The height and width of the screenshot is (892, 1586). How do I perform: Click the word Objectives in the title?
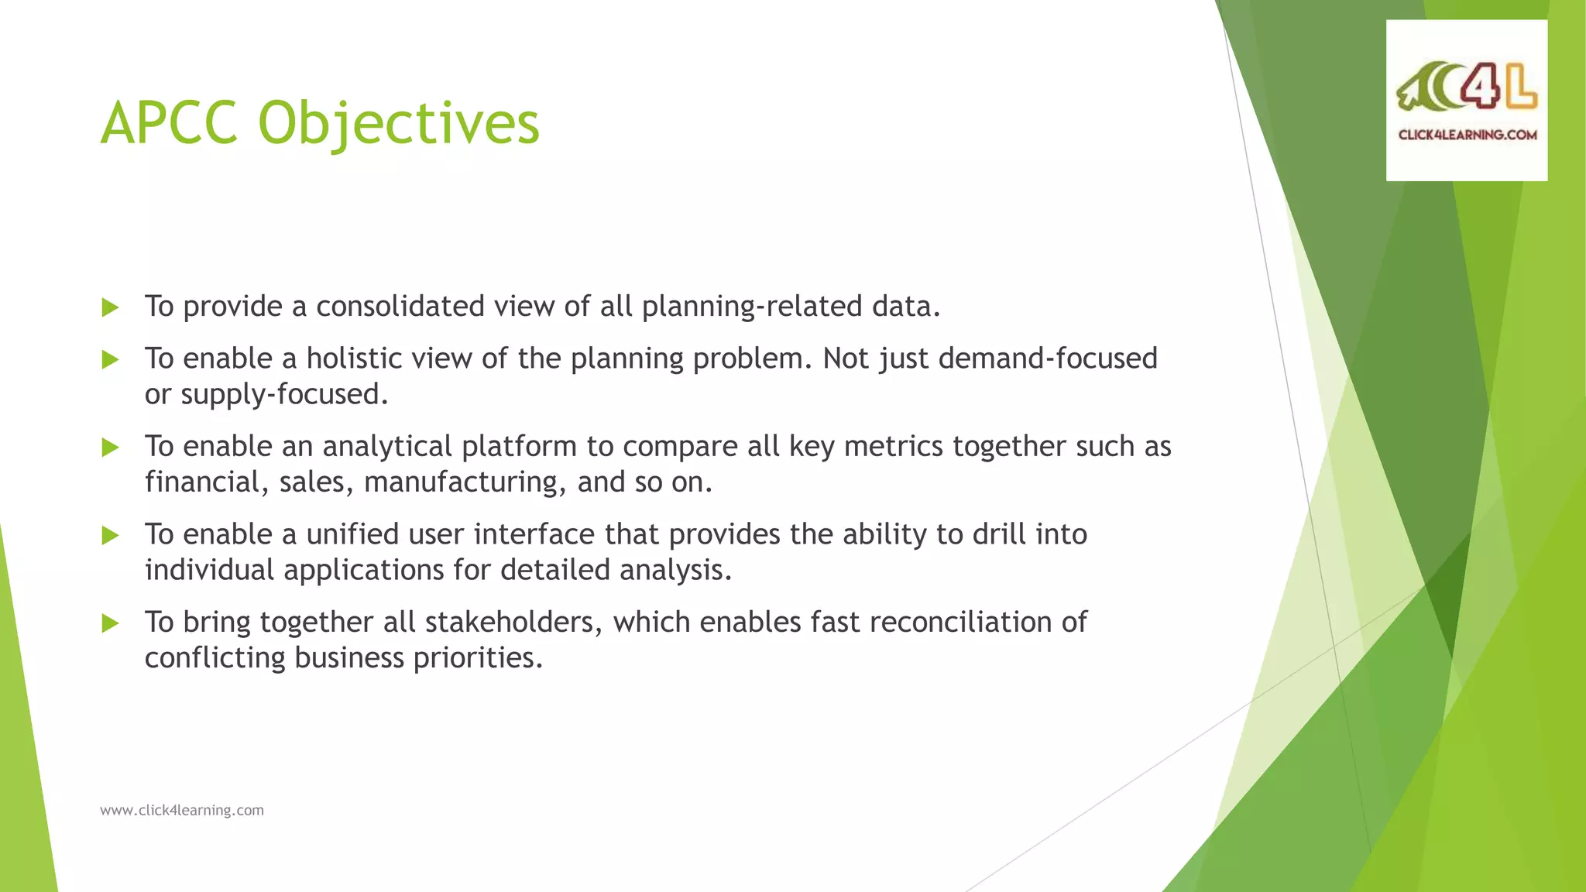click(398, 124)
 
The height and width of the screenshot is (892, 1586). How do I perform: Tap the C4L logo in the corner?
click(1466, 90)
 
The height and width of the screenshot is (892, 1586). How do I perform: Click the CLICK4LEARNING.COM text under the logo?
click(1467, 135)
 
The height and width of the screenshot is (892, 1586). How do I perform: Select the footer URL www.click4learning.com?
click(182, 810)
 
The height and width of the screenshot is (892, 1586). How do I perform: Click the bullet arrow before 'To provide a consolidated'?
click(110, 307)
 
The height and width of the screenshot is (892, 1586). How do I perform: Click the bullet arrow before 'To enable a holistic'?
click(110, 359)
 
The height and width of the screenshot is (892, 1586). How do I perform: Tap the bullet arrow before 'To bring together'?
click(110, 623)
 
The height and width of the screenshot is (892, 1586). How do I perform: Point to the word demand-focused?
click(1048, 359)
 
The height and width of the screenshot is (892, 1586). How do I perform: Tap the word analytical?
click(386, 447)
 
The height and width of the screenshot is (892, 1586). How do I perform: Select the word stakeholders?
click(513, 623)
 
